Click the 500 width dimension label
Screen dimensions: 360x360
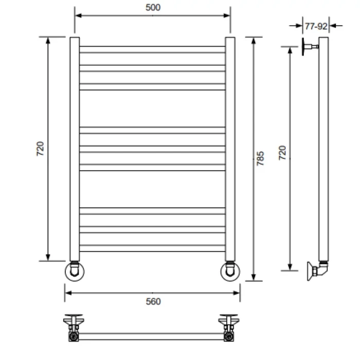click(x=153, y=8)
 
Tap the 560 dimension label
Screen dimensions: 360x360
click(x=153, y=301)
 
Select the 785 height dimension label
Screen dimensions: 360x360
click(x=260, y=158)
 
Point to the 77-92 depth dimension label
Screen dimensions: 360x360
click(x=316, y=26)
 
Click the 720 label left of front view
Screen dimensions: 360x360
click(x=40, y=149)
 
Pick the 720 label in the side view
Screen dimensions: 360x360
click(x=282, y=153)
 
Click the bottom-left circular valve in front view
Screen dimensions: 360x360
click(x=75, y=272)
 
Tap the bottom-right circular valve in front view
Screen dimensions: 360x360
click(x=230, y=272)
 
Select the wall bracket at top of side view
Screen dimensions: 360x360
click(x=310, y=47)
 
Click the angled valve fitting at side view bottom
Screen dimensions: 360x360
click(x=318, y=271)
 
